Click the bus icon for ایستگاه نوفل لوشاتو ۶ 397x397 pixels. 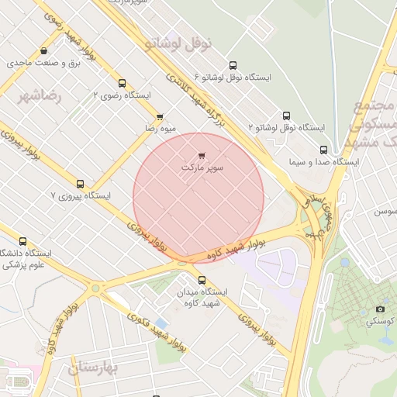(x=233, y=66)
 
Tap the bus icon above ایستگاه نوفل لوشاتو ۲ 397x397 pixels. (x=286, y=115)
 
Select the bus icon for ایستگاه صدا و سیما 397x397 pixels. (x=323, y=150)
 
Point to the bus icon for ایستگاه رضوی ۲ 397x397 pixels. (x=122, y=83)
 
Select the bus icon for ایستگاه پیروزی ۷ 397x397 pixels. (x=80, y=184)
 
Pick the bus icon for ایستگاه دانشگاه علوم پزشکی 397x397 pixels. (x=22, y=241)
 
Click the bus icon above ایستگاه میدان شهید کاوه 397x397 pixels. (x=202, y=279)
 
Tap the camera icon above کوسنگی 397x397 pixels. (x=380, y=309)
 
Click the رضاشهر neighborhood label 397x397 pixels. (x=40, y=96)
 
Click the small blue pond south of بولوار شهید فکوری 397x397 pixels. (x=161, y=322)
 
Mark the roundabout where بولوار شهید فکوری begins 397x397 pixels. (x=95, y=288)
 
